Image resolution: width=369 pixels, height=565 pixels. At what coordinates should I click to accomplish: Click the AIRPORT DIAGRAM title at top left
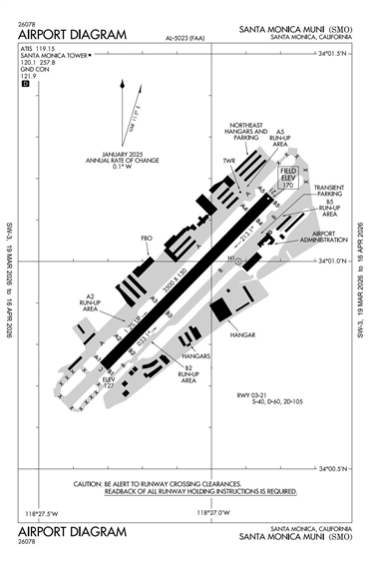(x=72, y=35)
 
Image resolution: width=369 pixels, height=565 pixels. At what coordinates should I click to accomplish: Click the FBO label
(x=147, y=239)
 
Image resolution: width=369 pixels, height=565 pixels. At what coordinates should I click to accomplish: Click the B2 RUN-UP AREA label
(x=187, y=374)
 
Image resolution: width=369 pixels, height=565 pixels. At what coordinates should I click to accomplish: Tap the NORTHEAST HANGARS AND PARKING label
(x=244, y=137)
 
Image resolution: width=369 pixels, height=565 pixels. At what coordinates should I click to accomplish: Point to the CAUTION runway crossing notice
(x=184, y=487)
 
